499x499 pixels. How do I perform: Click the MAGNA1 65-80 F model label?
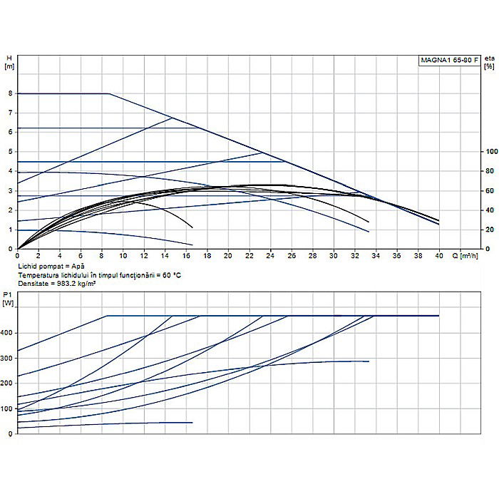(448, 60)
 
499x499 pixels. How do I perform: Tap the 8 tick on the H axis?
(11, 93)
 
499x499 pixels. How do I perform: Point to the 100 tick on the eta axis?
(490, 152)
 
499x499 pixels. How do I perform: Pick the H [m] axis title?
(9, 62)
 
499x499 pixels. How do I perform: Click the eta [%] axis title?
(489, 62)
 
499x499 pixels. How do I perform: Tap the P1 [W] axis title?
(9, 298)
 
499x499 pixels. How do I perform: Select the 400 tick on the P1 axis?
(8, 333)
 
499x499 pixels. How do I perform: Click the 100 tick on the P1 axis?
(8, 408)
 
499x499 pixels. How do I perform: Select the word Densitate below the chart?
(34, 283)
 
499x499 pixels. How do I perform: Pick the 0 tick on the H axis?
(11, 249)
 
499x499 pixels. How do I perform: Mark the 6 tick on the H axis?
(11, 133)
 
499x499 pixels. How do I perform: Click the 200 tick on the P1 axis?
(8, 384)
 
